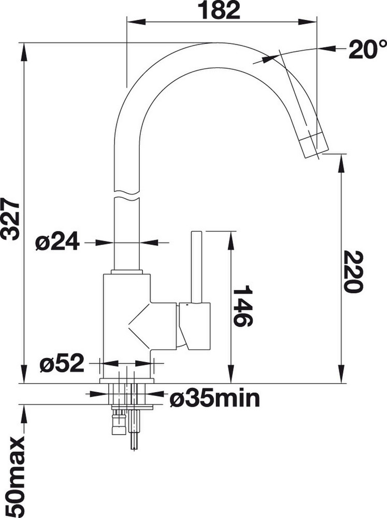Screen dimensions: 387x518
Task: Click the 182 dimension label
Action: (x=220, y=10)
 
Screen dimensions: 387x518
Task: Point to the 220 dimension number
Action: (x=353, y=271)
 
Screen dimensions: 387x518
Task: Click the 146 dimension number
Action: (x=243, y=306)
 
